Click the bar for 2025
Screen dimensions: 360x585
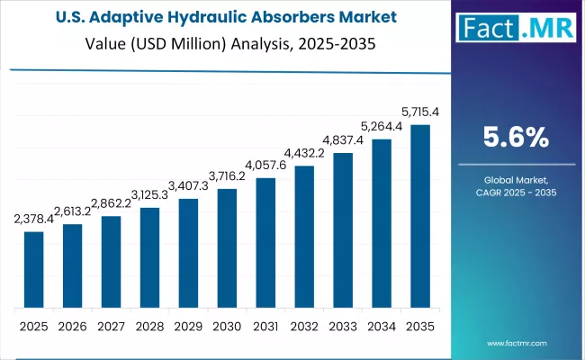pos(33,270)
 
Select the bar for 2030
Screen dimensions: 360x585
pos(227,248)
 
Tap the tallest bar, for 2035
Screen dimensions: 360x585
pos(420,217)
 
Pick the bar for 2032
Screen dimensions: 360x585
pos(304,238)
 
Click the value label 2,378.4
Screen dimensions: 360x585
pos(33,219)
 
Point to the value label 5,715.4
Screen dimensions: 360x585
pos(420,112)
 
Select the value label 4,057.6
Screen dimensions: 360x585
pos(265,165)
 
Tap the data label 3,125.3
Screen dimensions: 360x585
pos(149,195)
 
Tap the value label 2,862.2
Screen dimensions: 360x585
pos(111,203)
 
